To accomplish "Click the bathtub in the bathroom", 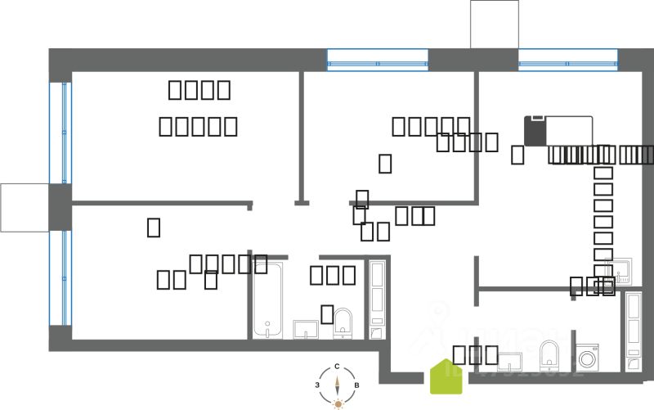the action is (x=267, y=300).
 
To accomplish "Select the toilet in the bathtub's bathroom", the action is (x=343, y=324).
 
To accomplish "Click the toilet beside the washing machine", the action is (x=549, y=354).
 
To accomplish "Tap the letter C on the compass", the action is (x=337, y=367).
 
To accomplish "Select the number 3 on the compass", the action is (x=318, y=385).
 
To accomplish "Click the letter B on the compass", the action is (x=356, y=385).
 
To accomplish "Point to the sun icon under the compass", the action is (x=338, y=403).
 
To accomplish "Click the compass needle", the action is (x=338, y=385).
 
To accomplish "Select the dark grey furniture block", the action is (x=535, y=131).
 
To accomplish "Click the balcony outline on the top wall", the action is (x=494, y=24).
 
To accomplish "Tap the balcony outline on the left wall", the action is (x=25, y=207).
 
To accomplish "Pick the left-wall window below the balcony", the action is (x=60, y=278).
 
